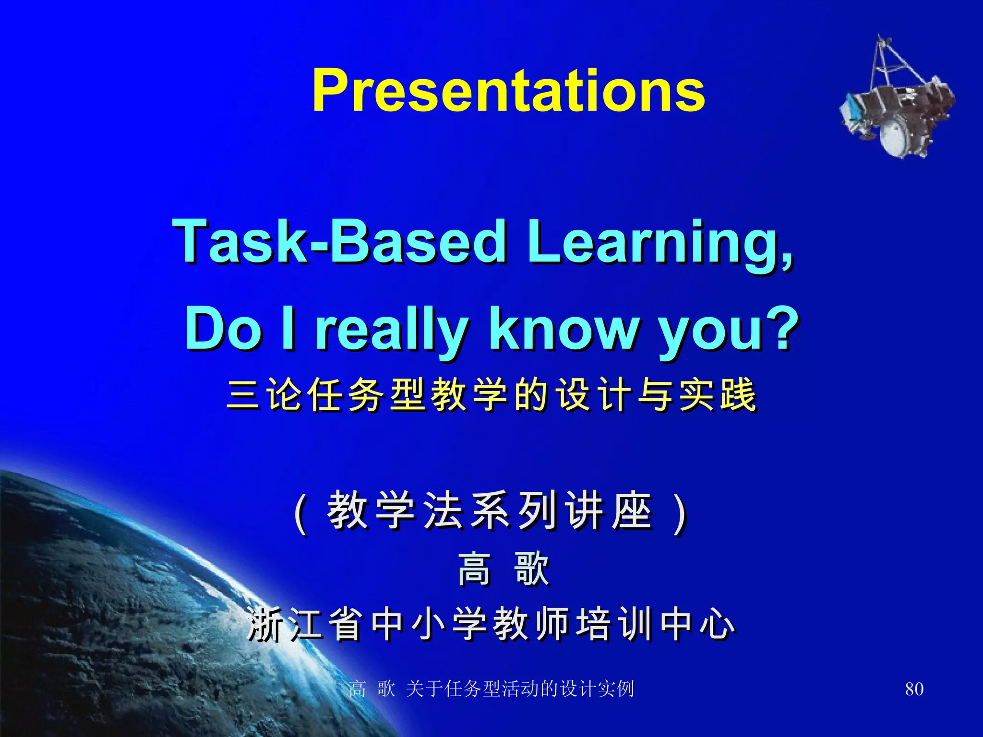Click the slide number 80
[x=914, y=689]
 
